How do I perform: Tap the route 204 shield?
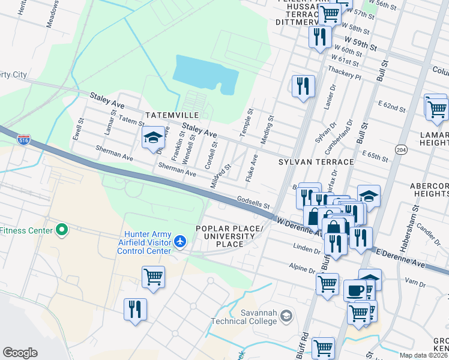[x=402, y=149]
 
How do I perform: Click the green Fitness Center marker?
[x=61, y=230]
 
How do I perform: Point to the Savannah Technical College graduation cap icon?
[x=287, y=316]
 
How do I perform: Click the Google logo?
[x=20, y=353]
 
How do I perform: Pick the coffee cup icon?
[x=355, y=290]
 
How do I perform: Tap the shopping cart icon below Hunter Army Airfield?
[x=153, y=277]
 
